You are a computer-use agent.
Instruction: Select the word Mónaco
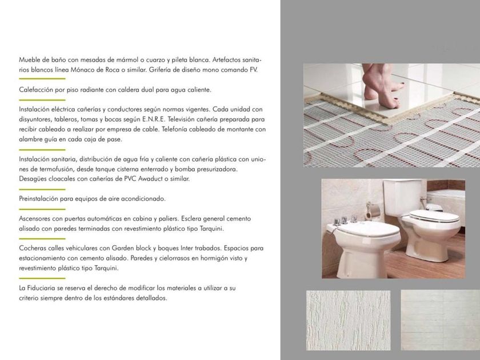click(x=82, y=70)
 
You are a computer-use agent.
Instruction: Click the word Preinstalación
click(x=38, y=199)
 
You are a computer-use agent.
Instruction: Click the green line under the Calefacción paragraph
click(x=42, y=100)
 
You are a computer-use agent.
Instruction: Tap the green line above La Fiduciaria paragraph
click(x=42, y=278)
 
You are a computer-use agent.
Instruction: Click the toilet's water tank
click(x=403, y=198)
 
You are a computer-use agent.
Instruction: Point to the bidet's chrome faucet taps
click(x=345, y=220)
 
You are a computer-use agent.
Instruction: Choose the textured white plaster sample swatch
click(x=349, y=320)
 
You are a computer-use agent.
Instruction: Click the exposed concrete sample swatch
click(x=441, y=320)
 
